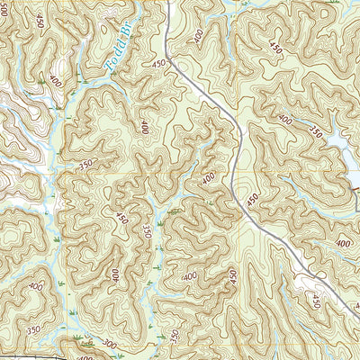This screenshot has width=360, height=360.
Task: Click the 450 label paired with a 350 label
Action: (x=121, y=219)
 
